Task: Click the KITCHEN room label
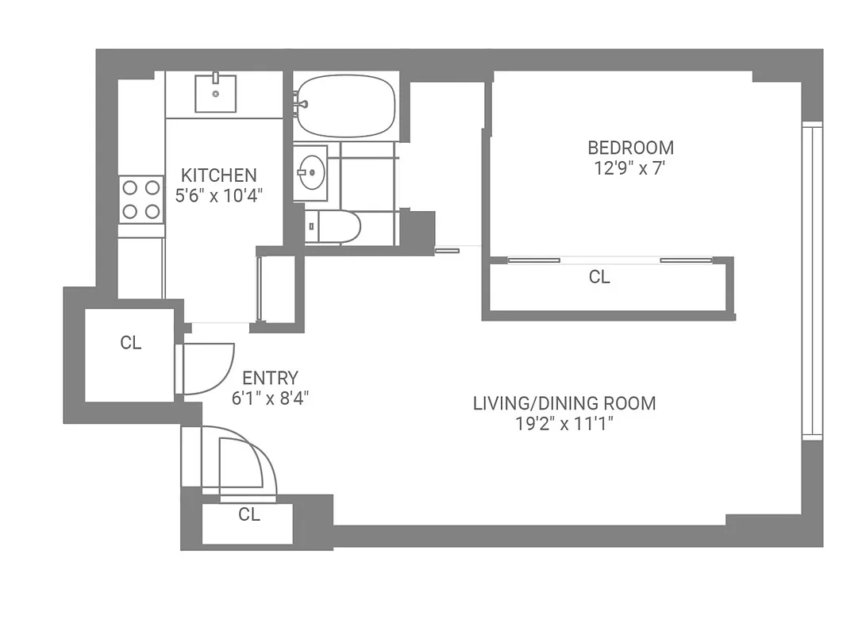[218, 175]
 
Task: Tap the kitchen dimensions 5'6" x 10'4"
[218, 195]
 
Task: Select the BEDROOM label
[630, 148]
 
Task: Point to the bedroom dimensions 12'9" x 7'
[630, 167]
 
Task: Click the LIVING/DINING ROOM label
[564, 403]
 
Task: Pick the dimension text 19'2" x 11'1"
[564, 424]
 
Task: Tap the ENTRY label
[270, 379]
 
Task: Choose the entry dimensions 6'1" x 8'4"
[270, 398]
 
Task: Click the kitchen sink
[215, 93]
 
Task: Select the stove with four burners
[140, 199]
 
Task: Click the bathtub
[346, 106]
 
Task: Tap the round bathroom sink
[310, 171]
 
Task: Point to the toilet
[334, 227]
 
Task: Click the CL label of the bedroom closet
[599, 277]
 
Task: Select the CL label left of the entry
[131, 343]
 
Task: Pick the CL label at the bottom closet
[249, 514]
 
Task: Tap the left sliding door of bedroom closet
[534, 260]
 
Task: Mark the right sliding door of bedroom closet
[686, 260]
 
